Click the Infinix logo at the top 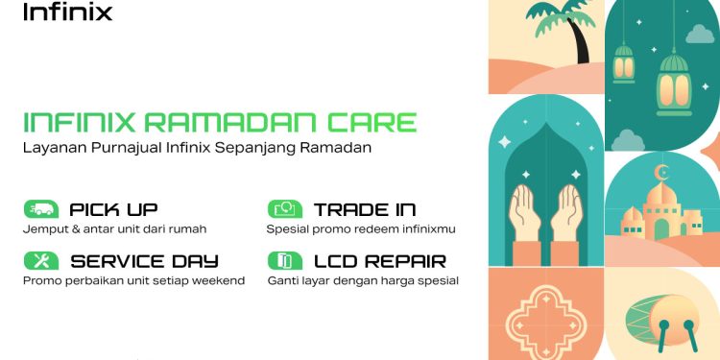tap(67, 12)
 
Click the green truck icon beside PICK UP tap(41, 209)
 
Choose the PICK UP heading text tap(113, 209)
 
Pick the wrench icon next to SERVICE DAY tap(41, 260)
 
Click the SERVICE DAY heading tap(144, 260)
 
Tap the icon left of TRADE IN tap(285, 209)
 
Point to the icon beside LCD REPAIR tap(285, 260)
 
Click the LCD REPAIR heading tap(379, 260)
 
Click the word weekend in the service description tap(220, 280)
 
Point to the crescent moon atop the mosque tap(660, 173)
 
